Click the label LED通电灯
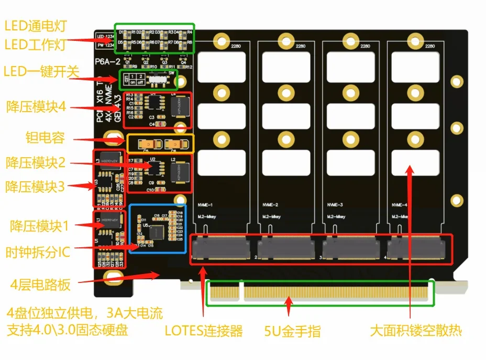(x=36, y=25)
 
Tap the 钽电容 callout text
(x=45, y=138)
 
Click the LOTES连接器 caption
(x=204, y=331)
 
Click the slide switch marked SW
(x=157, y=81)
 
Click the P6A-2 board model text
(x=109, y=62)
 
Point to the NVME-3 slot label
(x=335, y=205)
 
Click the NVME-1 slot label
(x=206, y=205)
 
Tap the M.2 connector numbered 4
(x=417, y=248)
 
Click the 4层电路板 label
(x=40, y=285)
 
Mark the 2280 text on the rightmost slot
(x=430, y=47)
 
